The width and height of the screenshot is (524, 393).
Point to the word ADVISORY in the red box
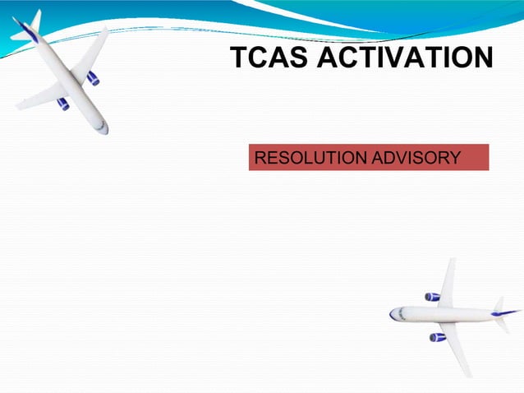coord(416,157)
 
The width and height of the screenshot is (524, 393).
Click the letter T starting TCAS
coord(238,58)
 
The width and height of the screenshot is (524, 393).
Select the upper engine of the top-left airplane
coord(93,78)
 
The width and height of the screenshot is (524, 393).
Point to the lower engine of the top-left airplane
coord(63,104)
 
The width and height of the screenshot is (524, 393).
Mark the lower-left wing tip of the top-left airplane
coord(18,106)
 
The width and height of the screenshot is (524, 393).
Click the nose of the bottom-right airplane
coord(393,314)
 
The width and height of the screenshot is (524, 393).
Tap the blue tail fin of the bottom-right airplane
coord(509,312)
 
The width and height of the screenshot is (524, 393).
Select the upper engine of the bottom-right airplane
coord(432,297)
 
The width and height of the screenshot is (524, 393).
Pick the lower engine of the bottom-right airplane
coord(437,337)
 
